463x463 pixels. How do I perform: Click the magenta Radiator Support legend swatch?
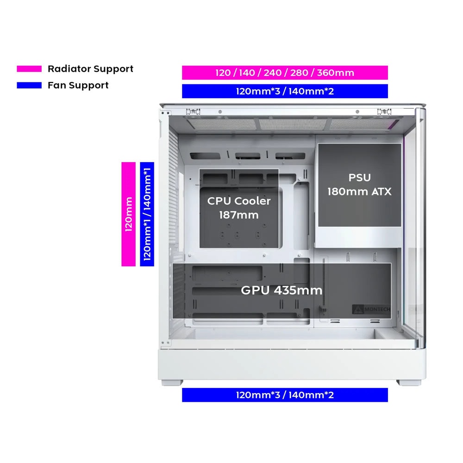29,69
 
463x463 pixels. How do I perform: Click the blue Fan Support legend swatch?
29,85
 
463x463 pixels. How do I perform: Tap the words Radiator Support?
90,69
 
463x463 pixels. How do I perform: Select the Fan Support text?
78,85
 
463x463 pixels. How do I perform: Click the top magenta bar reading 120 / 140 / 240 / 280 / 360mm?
284,73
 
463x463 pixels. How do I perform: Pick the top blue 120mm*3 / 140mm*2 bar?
284,91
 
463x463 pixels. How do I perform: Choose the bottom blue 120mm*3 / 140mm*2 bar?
284,395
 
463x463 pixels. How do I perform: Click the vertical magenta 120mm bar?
128,214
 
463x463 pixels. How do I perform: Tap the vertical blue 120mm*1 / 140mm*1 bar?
147,214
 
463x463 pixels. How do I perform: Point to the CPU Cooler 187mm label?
238,207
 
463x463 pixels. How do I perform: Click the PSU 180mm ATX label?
359,184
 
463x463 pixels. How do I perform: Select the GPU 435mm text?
282,291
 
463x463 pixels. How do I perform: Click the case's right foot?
406,383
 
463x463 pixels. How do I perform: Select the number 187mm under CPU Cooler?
239,215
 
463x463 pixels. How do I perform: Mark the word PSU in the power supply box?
359,177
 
